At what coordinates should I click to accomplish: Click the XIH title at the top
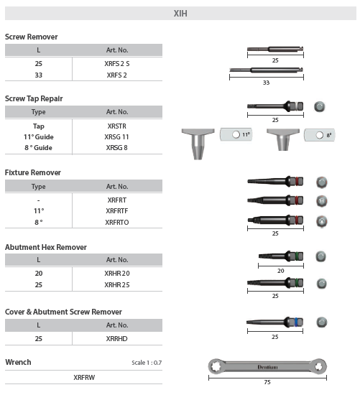181,13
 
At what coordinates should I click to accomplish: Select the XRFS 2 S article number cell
117,63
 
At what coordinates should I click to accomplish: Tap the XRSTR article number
116,125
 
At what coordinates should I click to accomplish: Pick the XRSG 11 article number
117,136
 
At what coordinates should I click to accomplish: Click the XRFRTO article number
117,223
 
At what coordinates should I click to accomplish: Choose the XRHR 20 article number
117,274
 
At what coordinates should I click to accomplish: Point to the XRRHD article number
117,338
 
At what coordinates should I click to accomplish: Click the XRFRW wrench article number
84,376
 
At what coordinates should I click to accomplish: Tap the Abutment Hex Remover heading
45,247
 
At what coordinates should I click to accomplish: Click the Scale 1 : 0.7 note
147,363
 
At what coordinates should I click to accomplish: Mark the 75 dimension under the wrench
267,382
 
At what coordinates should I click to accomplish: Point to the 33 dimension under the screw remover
266,83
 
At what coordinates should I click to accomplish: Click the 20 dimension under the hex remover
280,271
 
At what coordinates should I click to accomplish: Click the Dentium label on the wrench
268,367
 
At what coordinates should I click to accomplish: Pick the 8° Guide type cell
38,148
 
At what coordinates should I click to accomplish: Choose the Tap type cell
38,125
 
